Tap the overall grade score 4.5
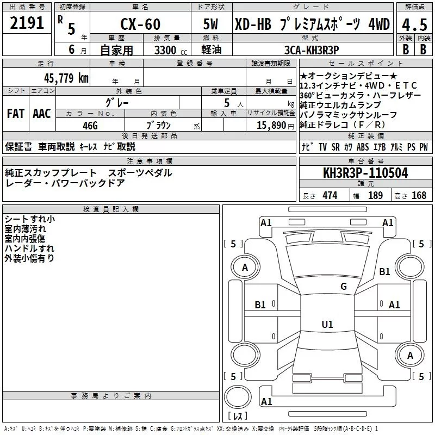pyautogui.click(x=414, y=24)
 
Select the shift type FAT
pyautogui.click(x=15, y=114)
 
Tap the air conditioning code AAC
pyautogui.click(x=42, y=114)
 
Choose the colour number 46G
pyautogui.click(x=90, y=125)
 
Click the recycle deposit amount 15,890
pyautogui.click(x=266, y=125)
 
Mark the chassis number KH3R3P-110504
pyautogui.click(x=365, y=173)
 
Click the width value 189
pyautogui.click(x=376, y=196)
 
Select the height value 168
pyautogui.click(x=419, y=196)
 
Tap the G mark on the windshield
pyautogui.click(x=343, y=287)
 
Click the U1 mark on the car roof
pyautogui.click(x=327, y=325)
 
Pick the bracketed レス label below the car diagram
pyautogui.click(x=238, y=416)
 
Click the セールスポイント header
pyautogui.click(x=365, y=64)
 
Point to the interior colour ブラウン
pyautogui.click(x=159, y=125)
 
